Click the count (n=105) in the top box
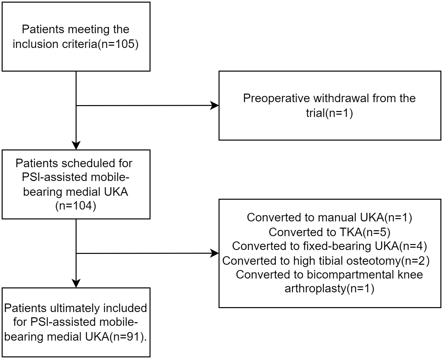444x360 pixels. point(118,44)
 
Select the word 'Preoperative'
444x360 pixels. point(276,99)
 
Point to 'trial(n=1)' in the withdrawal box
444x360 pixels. point(329,113)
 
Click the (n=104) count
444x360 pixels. point(76,206)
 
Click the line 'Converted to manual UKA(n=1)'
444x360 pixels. point(329,217)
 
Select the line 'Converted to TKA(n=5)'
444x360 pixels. point(329,232)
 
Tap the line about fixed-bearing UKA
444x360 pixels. point(329,246)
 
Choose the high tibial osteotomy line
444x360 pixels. point(326,261)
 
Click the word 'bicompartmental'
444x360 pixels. point(350,275)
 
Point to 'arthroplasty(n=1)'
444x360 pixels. point(329,289)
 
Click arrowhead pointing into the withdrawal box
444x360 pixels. point(215,105)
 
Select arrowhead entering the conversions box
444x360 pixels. point(215,253)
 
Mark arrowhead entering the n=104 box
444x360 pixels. point(76,146)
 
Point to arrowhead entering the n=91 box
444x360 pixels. point(76,283)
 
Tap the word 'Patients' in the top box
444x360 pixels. point(43,29)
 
